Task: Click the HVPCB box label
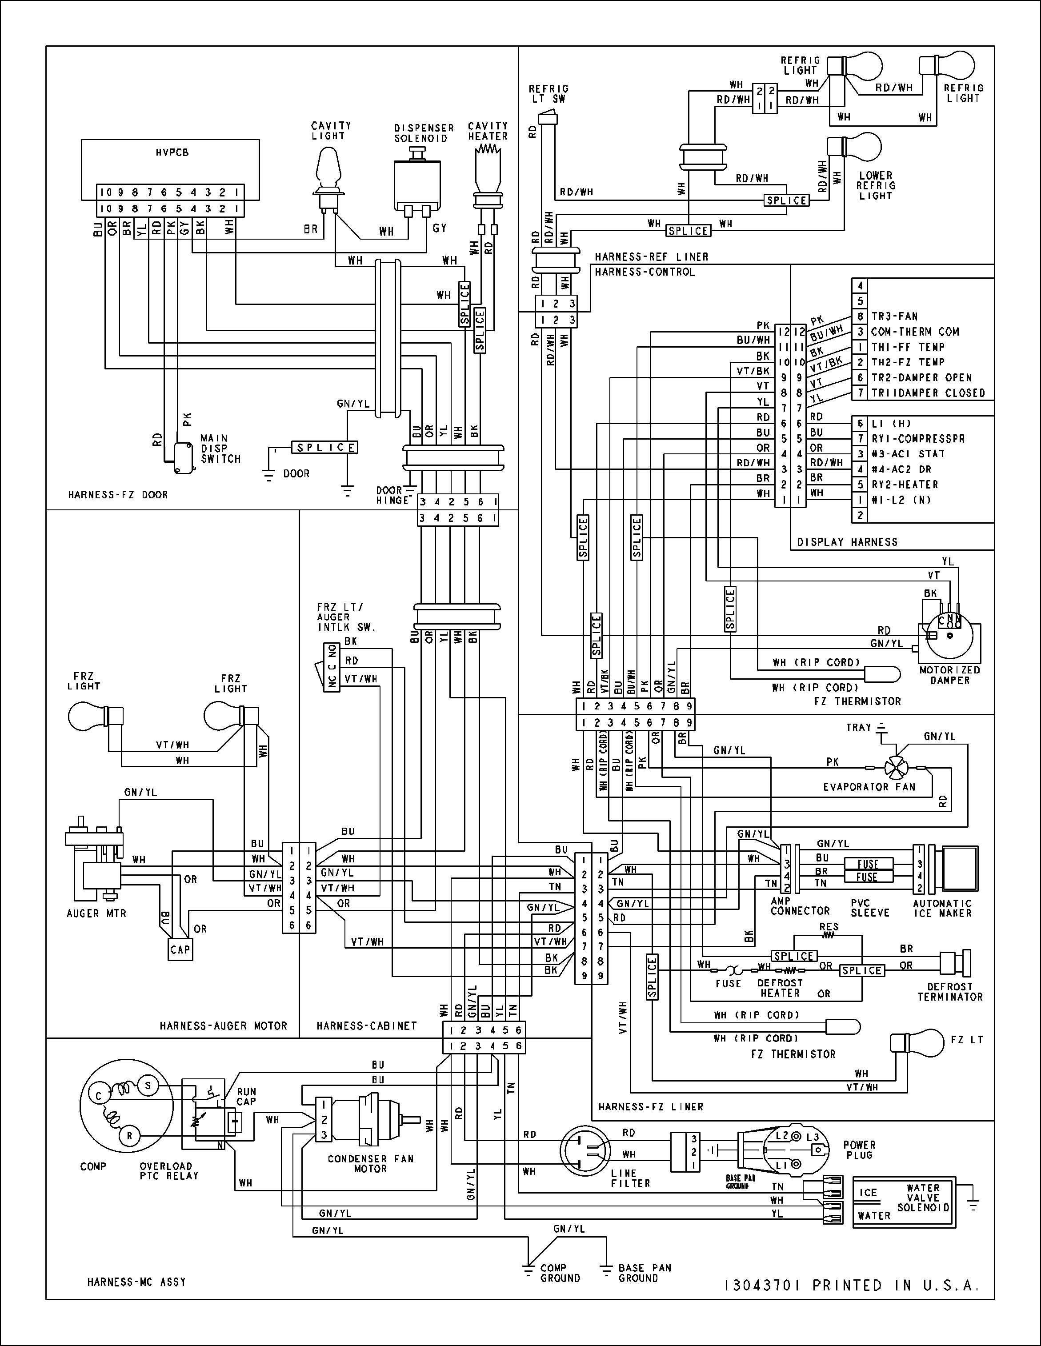click(172, 152)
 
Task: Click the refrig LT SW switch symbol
click(547, 116)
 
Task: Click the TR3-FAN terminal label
click(894, 316)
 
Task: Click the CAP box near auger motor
click(180, 949)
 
